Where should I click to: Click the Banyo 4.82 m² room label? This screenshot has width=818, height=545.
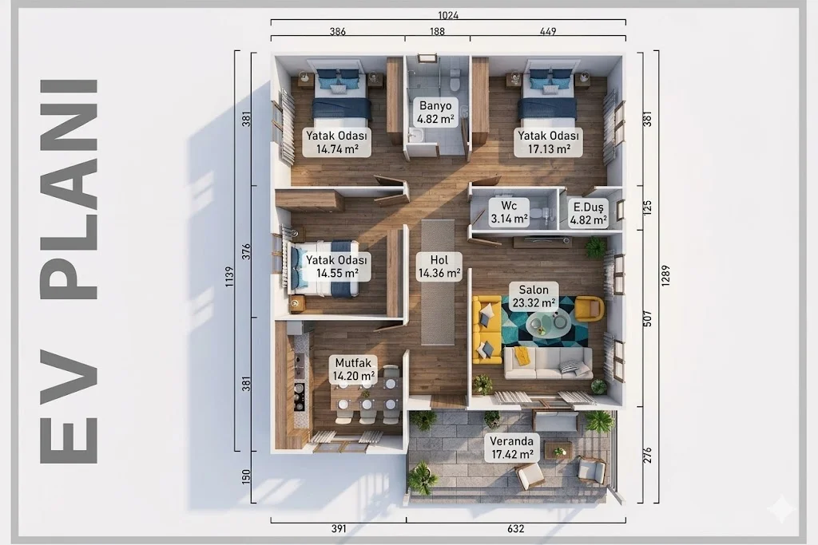coord(435,112)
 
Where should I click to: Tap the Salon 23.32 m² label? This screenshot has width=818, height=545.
coord(534,297)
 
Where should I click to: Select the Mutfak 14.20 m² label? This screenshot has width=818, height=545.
coord(353,369)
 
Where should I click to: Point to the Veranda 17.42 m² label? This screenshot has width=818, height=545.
coord(512,448)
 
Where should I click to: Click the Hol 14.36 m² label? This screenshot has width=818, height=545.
coord(439,267)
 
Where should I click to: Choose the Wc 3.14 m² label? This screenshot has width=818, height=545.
coord(509,212)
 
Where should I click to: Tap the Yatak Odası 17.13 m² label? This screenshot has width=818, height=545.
coord(548,142)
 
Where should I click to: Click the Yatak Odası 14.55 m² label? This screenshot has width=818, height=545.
coord(337,267)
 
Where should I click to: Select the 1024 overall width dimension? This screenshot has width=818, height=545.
coord(448,15)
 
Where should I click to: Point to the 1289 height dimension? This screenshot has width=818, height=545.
coord(665,276)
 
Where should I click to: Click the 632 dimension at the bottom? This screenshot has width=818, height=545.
coord(515,529)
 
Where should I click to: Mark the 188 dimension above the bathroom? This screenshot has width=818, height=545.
coord(437,31)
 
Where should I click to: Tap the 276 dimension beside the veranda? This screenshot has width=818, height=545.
coord(647,455)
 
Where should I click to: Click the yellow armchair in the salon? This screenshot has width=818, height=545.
coord(590,308)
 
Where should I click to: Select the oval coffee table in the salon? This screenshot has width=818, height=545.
coord(547,325)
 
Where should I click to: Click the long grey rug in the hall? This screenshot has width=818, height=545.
coord(438,282)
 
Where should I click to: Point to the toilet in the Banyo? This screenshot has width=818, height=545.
coord(455,82)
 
